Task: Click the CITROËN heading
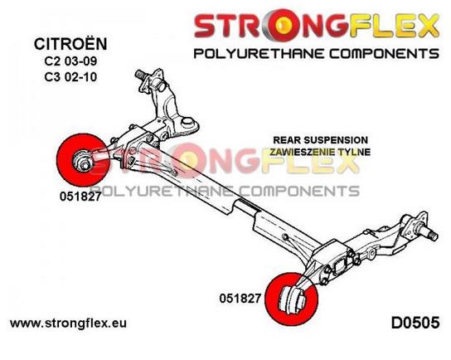coord(70,44)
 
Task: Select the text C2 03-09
coord(70,61)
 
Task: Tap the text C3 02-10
coord(70,77)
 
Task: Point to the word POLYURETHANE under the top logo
coord(259,54)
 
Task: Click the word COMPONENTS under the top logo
coord(385,54)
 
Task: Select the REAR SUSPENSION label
coord(320,140)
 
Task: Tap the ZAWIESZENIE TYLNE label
coord(320,152)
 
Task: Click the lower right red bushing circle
coord(292,299)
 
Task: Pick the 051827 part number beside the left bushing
coord(80,197)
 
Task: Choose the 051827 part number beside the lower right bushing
coord(240,299)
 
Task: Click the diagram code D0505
coord(415,323)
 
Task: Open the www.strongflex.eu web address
coord(68,324)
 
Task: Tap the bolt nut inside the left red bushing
coord(83,163)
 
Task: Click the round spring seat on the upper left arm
coord(187,122)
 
